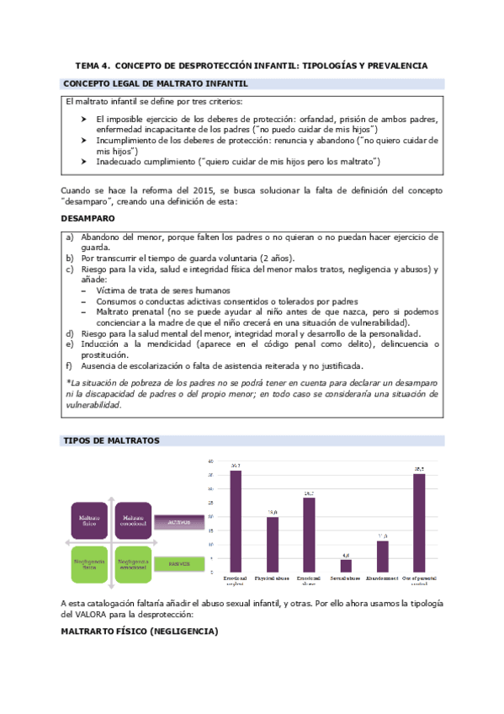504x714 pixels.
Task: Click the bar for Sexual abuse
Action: coord(346,565)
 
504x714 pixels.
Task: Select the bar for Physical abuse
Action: coord(273,544)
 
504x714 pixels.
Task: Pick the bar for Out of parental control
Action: coord(418,522)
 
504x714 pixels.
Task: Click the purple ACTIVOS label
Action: coord(180,522)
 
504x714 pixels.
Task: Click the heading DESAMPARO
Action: coord(88,218)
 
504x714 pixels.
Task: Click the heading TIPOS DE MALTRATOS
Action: coord(111,440)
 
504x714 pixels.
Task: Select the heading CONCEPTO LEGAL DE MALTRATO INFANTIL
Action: coord(156,83)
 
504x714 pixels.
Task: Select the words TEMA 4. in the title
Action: coord(92,65)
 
